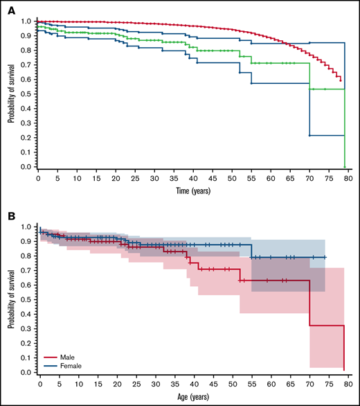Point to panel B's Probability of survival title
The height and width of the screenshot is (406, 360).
[12, 299]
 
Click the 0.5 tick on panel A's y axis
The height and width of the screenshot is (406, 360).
[27, 94]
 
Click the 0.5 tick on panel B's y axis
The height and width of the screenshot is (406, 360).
[27, 300]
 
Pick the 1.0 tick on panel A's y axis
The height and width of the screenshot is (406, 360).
[27, 21]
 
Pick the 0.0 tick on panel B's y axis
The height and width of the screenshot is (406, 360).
[27, 373]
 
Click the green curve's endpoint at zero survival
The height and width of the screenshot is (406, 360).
[345, 167]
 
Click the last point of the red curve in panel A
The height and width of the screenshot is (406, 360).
[341, 81]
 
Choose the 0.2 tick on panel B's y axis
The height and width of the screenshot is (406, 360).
[27, 344]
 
